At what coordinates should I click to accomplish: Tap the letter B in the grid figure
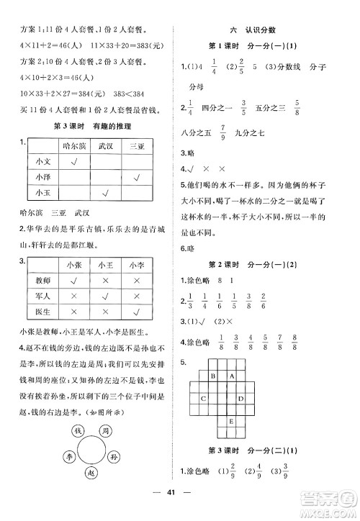pos(213,375)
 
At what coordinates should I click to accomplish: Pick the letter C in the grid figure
pos(204,398)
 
